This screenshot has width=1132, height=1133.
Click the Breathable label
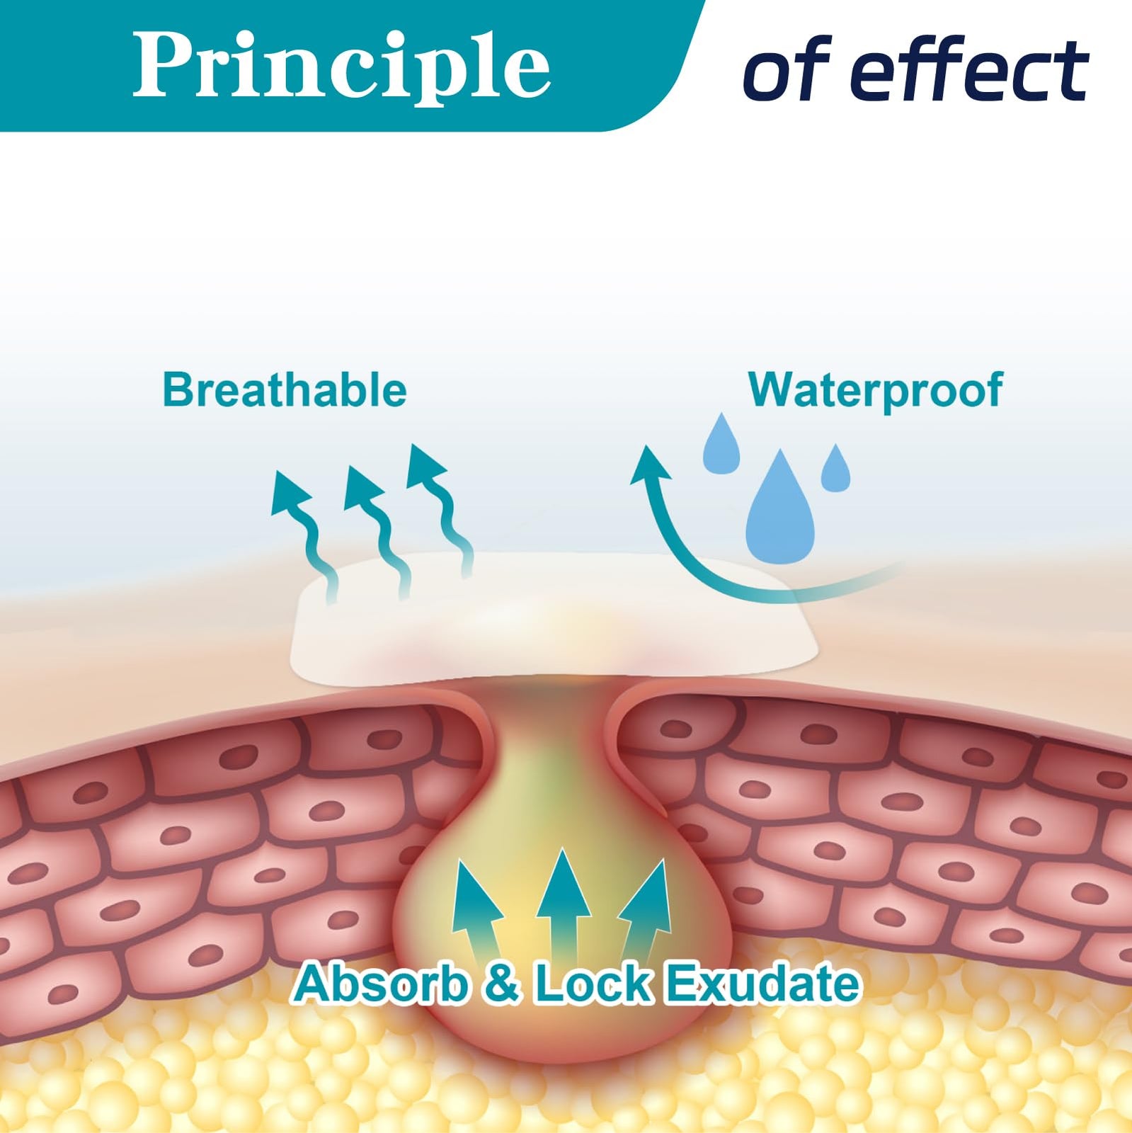[285, 390]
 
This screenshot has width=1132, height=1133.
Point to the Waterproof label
[876, 390]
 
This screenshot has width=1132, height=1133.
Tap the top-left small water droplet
[721, 444]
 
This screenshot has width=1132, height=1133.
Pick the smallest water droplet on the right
[835, 468]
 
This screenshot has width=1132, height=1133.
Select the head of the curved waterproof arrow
[650, 466]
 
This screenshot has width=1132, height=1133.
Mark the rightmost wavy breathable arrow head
[426, 467]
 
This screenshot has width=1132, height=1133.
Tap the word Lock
[592, 984]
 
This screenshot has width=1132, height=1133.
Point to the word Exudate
[763, 984]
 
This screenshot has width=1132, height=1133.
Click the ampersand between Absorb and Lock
[502, 984]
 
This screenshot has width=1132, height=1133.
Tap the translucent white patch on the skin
[555, 623]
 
